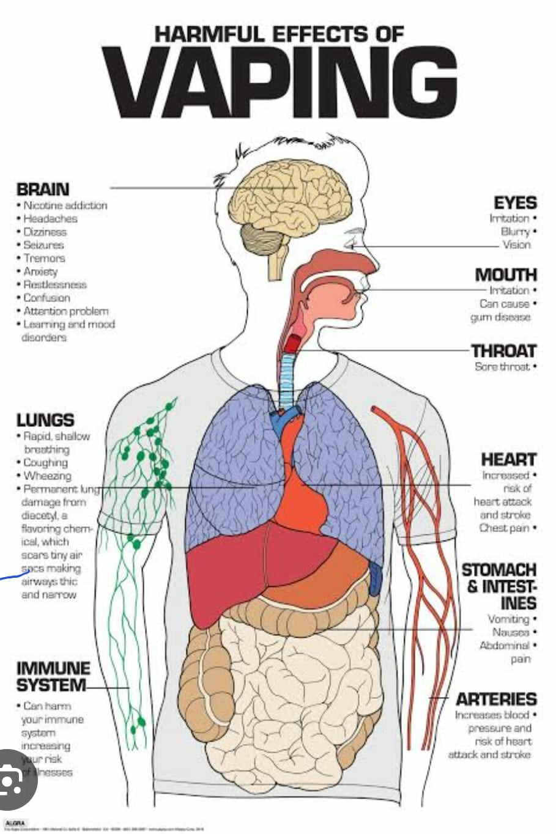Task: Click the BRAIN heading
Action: pos(43,190)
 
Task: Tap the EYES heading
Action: pos(515,203)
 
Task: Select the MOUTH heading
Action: pos(506,275)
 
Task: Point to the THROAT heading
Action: pos(503,351)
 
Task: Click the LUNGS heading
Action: pos(45,421)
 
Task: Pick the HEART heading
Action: pos(508,459)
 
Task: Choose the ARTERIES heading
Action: pos(496,699)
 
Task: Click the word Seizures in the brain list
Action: pos(43,245)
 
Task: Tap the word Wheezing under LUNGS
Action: pos(47,476)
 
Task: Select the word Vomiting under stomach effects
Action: pos(508,619)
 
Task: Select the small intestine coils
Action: pos(287,685)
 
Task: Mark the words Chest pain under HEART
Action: pos(504,528)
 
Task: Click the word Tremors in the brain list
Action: pos(43,258)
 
